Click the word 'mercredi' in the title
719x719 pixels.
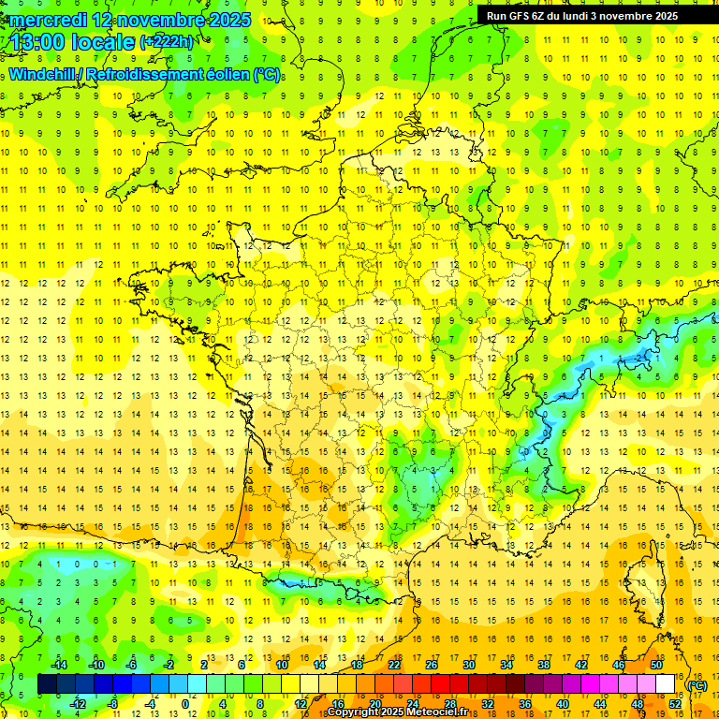pos(50,20)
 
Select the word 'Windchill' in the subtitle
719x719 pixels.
pos(49,74)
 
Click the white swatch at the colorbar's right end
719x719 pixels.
pos(665,684)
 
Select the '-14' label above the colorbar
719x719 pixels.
pos(58,665)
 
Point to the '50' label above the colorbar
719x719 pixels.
pos(656,665)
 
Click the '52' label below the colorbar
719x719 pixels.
pos(675,703)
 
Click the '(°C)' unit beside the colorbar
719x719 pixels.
pos(697,685)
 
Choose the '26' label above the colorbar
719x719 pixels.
pos(432,665)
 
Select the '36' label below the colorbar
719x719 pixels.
pos(525,703)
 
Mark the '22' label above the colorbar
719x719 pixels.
pos(394,665)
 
